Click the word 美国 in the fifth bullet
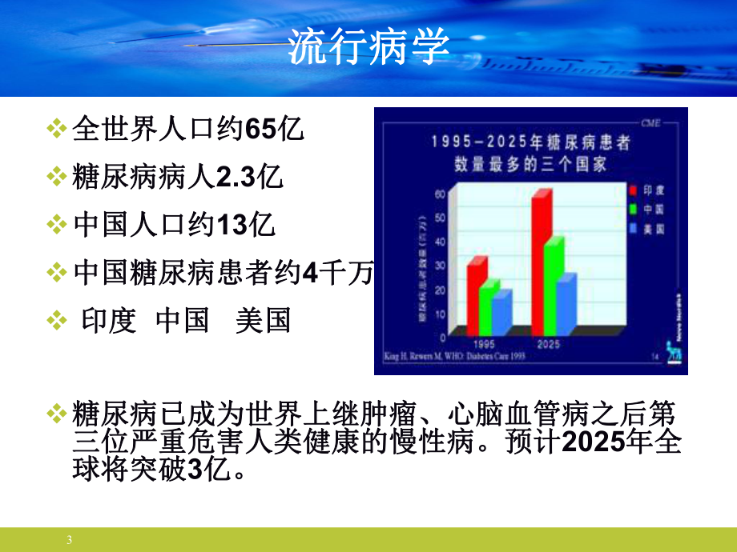click(263, 321)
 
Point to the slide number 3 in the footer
click(70, 540)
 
